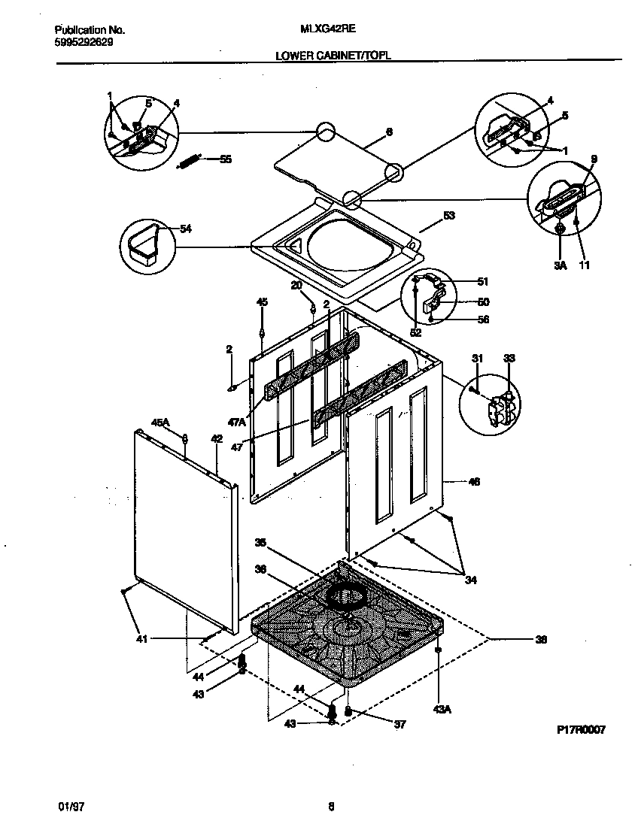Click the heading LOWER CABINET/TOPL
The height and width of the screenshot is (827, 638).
pyautogui.click(x=333, y=55)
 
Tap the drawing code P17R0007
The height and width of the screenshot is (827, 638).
pyautogui.click(x=581, y=729)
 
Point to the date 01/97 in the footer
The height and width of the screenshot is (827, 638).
pyautogui.click(x=69, y=807)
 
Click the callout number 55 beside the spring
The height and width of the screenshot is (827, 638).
pyautogui.click(x=226, y=159)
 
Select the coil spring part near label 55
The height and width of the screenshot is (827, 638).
pyautogui.click(x=188, y=160)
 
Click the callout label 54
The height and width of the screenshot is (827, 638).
pyautogui.click(x=185, y=229)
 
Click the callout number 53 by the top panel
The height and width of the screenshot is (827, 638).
pyautogui.click(x=448, y=216)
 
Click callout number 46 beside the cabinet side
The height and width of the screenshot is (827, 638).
pyautogui.click(x=474, y=481)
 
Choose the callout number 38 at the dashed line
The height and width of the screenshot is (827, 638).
pyautogui.click(x=540, y=640)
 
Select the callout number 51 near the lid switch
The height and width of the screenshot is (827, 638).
pyautogui.click(x=483, y=282)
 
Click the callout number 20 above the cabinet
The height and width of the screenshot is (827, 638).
pyautogui.click(x=296, y=286)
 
